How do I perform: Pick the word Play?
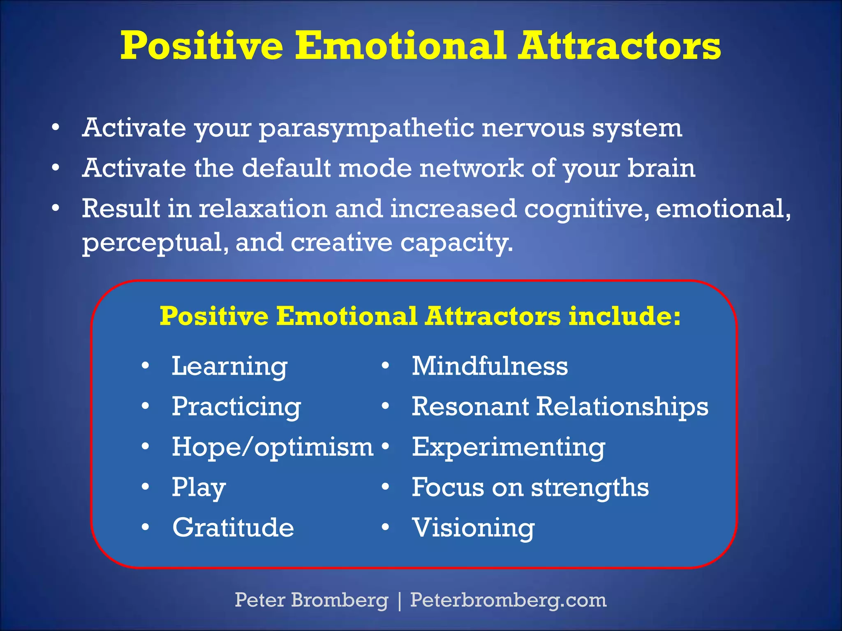click(199, 487)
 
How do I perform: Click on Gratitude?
click(233, 527)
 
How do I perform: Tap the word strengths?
click(590, 487)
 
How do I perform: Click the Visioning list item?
click(473, 527)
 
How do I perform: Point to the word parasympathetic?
click(366, 128)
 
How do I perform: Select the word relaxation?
click(263, 208)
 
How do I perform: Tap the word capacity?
click(456, 242)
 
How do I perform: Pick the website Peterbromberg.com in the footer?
click(508, 600)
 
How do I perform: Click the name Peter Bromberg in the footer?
click(311, 600)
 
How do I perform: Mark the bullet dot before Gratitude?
click(145, 527)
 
